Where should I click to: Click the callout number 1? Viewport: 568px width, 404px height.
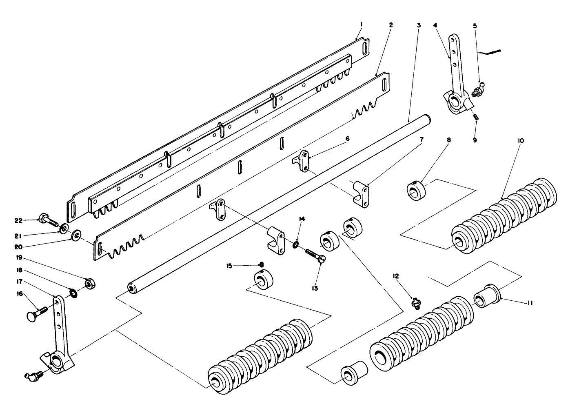point(362,25)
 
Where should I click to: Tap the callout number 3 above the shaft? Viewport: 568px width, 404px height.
point(419,25)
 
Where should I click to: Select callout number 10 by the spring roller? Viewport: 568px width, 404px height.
point(521,141)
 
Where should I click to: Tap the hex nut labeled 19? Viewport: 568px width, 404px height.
point(90,283)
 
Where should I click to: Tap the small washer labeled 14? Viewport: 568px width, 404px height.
point(295,245)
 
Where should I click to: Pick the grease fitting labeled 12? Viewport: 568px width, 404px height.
point(415,304)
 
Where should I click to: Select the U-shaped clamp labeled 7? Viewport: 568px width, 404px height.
point(361,193)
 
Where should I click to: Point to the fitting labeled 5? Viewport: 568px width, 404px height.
point(477,90)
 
